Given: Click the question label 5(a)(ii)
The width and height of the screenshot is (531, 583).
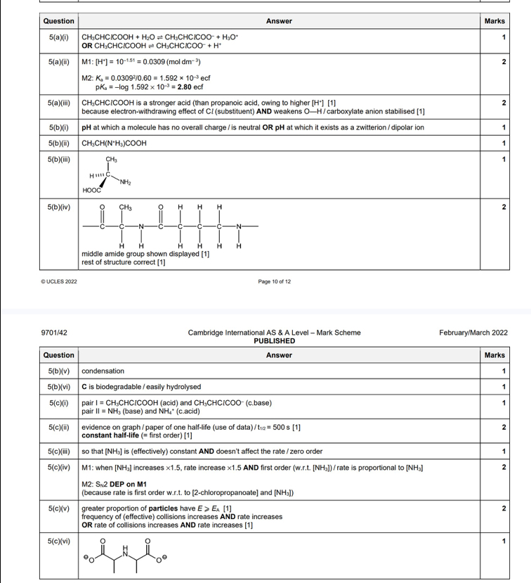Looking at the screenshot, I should coord(58,63).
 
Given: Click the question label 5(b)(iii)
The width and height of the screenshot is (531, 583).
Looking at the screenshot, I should coord(59,160).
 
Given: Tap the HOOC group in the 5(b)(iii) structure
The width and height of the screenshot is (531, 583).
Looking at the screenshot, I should coord(91,191).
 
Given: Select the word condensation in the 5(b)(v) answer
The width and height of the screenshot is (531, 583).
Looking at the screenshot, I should coord(103,371).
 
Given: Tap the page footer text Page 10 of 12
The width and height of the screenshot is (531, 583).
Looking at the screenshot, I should coord(275,281).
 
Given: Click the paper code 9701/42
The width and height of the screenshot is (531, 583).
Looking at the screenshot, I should coord(54,333).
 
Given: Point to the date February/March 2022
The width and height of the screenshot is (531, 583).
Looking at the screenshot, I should coord(473,333).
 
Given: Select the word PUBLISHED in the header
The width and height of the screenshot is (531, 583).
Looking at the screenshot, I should coord(275,341).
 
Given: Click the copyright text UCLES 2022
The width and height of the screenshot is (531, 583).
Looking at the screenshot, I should coord(61,281).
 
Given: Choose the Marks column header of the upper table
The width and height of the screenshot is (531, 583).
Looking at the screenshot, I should coord(494,21).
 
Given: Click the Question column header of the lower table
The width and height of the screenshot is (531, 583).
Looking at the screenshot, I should coord(58,355).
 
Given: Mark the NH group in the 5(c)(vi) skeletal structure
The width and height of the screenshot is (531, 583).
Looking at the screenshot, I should coord(127,551).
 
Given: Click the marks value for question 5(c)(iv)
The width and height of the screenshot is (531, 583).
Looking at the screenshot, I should coord(504,467).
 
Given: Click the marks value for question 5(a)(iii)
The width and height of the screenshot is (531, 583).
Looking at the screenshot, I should coord(504,103).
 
